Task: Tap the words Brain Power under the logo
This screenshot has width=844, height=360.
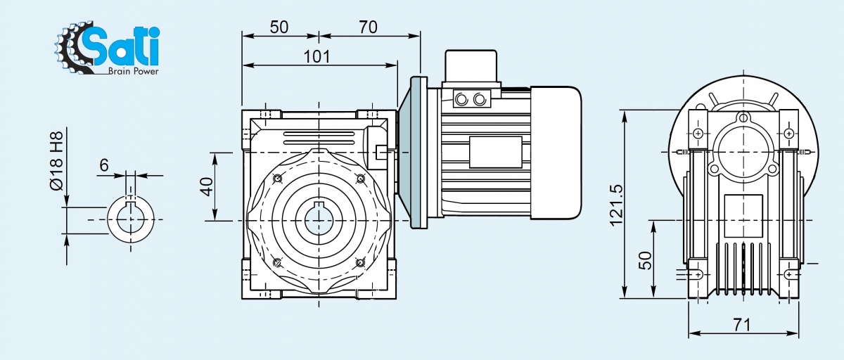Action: click(x=133, y=71)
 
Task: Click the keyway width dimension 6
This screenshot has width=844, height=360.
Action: click(x=104, y=165)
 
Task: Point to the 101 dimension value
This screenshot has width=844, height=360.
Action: click(x=316, y=56)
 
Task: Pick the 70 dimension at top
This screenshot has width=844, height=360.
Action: click(x=368, y=27)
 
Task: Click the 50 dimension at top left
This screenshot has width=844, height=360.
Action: click(x=279, y=27)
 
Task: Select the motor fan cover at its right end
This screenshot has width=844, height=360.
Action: click(x=556, y=150)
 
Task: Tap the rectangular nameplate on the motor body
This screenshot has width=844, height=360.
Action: click(x=495, y=153)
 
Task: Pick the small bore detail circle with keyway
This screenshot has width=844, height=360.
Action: click(x=130, y=219)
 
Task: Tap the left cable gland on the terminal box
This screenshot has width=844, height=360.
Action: click(x=462, y=99)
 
